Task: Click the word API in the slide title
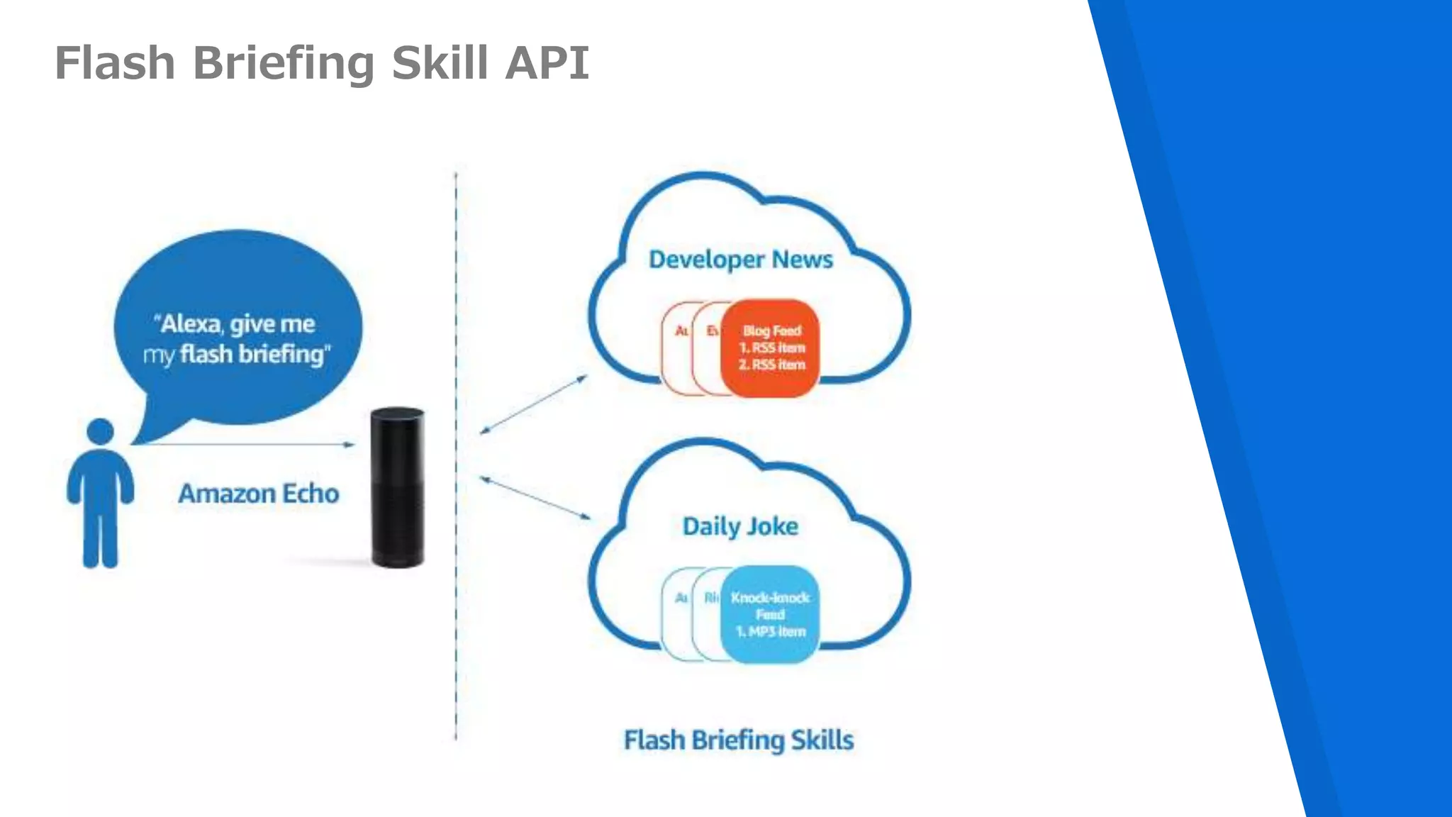[547, 63]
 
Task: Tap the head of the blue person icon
[100, 431]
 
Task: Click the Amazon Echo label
[258, 494]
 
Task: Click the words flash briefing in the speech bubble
[253, 354]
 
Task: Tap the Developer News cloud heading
[741, 260]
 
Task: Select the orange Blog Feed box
[771, 348]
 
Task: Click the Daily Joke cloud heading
[740, 526]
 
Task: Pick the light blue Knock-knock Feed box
[771, 614]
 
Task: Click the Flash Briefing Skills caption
[738, 740]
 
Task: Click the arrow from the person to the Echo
[248, 445]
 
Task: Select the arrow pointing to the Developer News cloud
[534, 404]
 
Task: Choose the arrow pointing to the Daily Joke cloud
[535, 498]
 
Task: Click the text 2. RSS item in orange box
[771, 365]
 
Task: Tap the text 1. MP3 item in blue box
[771, 632]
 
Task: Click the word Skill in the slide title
[440, 63]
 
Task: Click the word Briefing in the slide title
[284, 63]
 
